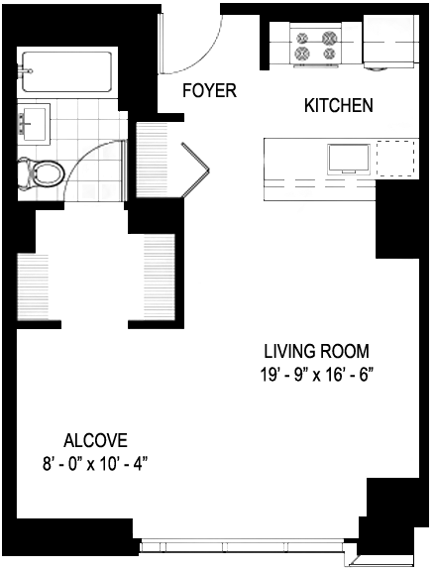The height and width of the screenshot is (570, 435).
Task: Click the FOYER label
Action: click(209, 90)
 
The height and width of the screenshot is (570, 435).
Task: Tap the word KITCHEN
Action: click(338, 105)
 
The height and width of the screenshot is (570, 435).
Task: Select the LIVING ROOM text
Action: click(316, 351)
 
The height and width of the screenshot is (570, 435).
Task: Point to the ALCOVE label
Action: click(95, 440)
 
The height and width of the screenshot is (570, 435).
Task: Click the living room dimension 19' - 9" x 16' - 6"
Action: click(317, 375)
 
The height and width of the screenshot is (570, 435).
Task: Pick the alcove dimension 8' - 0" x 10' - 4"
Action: click(95, 464)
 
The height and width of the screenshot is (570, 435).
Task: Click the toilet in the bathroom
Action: click(41, 173)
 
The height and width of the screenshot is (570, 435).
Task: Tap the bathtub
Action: click(66, 72)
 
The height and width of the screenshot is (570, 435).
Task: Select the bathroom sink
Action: click(34, 123)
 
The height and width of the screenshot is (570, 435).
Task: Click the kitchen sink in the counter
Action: click(349, 160)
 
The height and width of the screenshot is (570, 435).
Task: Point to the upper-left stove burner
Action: click(302, 38)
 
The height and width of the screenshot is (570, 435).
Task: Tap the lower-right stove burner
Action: click(329, 54)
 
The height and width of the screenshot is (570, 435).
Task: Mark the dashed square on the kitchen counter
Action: click(395, 159)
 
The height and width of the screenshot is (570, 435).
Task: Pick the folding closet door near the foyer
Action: click(195, 171)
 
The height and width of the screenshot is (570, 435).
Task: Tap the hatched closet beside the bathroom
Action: click(152, 160)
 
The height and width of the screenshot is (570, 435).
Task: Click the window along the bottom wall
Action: click(242, 546)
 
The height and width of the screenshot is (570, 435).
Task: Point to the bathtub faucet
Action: click(26, 71)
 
